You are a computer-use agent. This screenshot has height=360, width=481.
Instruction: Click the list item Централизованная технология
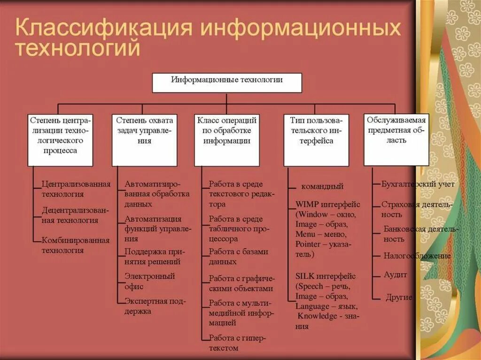coord(76,189)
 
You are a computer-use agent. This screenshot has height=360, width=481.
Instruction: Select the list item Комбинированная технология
coord(75,245)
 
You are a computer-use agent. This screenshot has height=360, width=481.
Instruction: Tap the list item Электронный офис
coord(149,281)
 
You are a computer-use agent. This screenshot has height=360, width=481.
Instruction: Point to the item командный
coord(322,186)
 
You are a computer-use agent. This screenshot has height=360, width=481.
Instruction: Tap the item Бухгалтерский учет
coord(418,184)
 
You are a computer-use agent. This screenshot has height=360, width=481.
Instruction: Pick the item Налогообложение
coord(417,256)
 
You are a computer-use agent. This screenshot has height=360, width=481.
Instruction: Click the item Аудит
coord(395,275)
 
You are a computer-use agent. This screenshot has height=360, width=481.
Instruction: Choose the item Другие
coord(398,297)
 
